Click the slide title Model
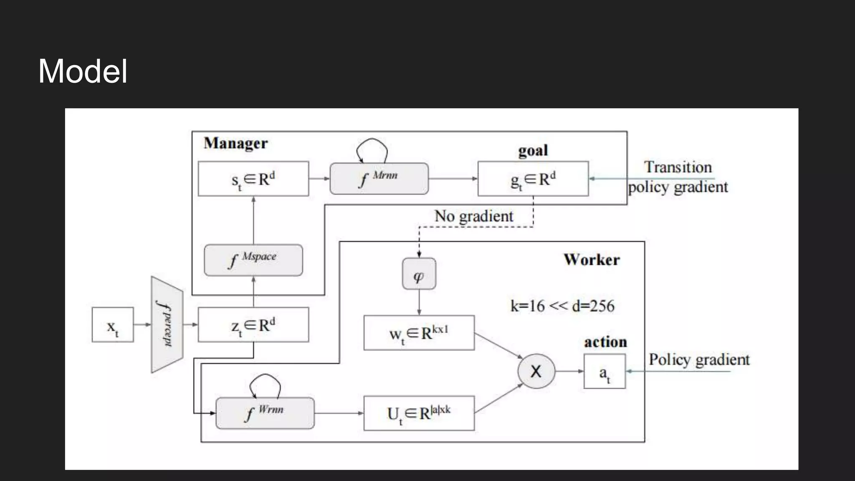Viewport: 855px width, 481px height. click(x=83, y=71)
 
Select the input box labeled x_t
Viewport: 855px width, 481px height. click(x=113, y=325)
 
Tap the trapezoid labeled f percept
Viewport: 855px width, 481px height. click(x=167, y=324)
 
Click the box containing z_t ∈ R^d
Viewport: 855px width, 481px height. click(x=253, y=325)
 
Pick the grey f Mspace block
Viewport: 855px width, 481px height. click(x=253, y=260)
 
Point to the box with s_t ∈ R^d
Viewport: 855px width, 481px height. click(x=253, y=179)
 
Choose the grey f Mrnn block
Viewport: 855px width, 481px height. click(x=379, y=179)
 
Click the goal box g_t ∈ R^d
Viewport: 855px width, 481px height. click(x=533, y=179)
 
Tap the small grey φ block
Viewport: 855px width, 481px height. click(x=419, y=274)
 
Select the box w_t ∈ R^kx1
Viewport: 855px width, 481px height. click(x=419, y=333)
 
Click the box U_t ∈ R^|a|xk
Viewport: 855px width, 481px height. click(x=419, y=413)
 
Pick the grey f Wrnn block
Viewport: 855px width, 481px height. click(x=265, y=413)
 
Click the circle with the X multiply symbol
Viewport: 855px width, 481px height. click(x=536, y=371)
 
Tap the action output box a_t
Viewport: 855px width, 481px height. click(x=604, y=371)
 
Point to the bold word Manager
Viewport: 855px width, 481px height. click(x=235, y=143)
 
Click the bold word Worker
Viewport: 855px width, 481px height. click(x=592, y=260)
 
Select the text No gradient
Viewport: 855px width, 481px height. click(x=474, y=216)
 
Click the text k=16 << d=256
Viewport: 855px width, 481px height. click(x=562, y=306)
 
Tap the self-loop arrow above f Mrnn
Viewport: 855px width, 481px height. click(x=372, y=144)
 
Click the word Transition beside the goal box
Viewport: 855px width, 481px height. click(x=678, y=167)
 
